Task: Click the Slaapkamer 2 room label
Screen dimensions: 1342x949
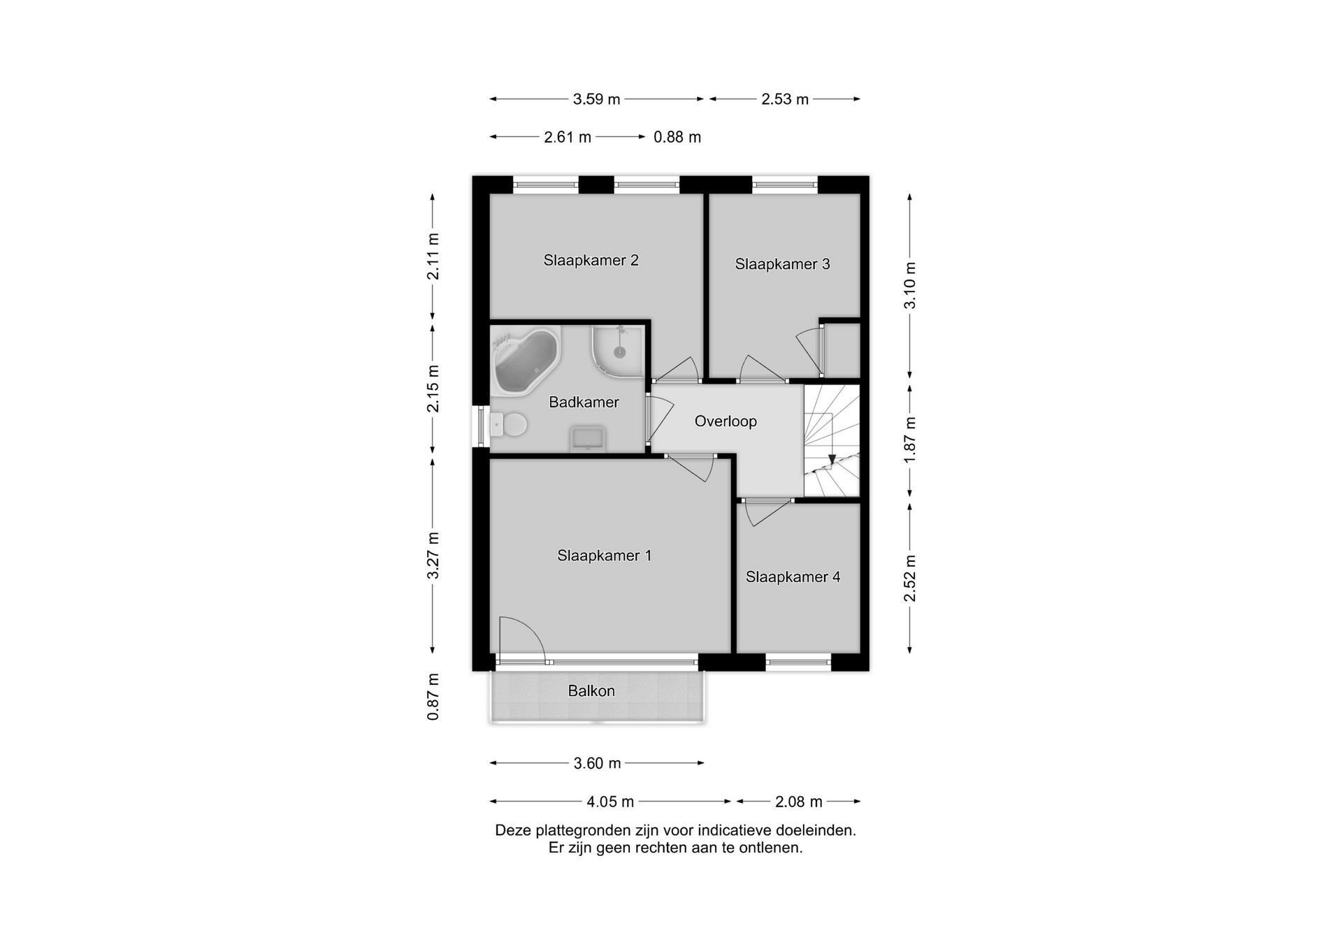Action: coord(591,261)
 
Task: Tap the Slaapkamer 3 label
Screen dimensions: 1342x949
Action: coord(782,264)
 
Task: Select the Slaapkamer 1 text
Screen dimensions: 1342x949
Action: coord(604,556)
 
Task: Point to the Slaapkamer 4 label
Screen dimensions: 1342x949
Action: coord(793,577)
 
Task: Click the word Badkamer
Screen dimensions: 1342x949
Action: coord(584,402)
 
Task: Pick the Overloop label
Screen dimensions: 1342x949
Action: coord(726,421)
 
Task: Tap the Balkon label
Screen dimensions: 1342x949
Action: coord(591,691)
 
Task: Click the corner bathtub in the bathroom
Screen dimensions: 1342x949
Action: coord(526,361)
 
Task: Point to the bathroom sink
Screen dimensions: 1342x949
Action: coord(588,439)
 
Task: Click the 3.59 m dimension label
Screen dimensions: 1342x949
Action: coord(596,99)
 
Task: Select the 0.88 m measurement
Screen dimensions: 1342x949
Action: coord(677,137)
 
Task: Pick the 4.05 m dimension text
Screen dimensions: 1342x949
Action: coord(610,802)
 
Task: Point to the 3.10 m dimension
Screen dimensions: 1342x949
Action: coord(909,285)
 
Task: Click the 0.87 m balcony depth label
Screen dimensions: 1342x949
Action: coord(433,697)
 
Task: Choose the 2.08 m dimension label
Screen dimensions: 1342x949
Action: coord(798,802)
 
